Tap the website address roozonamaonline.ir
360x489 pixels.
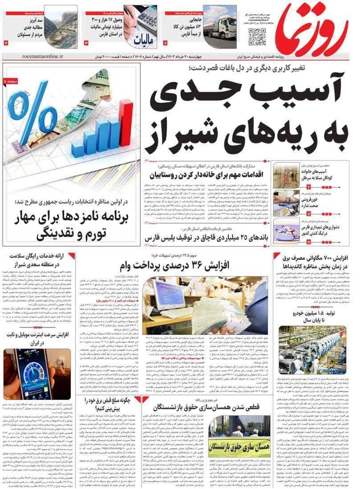coord(42,57)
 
